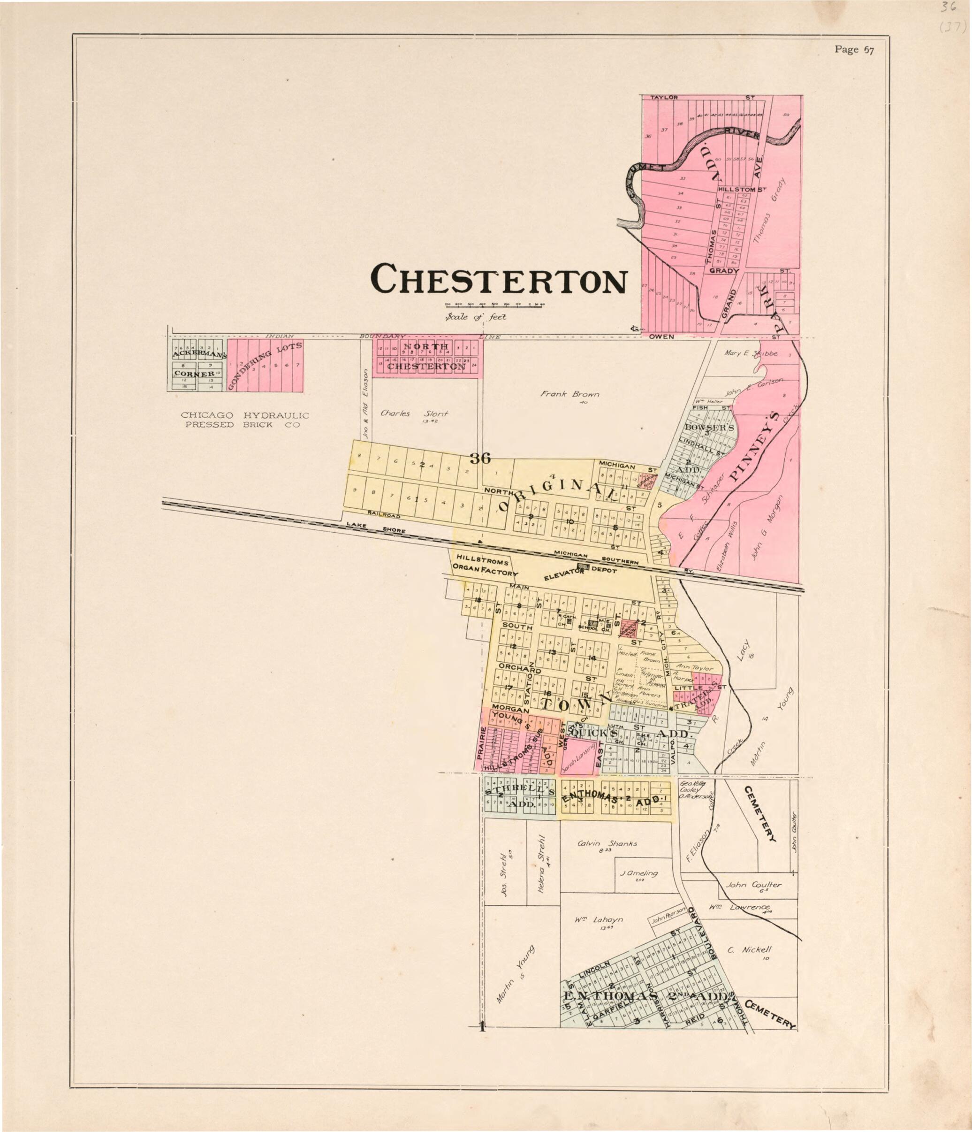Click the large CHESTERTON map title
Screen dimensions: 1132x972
pos(499,279)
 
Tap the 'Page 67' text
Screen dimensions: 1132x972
pos(854,50)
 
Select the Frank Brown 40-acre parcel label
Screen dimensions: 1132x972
pos(570,394)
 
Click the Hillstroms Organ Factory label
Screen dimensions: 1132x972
pos(485,567)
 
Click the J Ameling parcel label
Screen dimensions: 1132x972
pos(639,873)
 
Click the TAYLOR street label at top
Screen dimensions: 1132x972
pos(664,97)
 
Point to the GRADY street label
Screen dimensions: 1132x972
pos(724,270)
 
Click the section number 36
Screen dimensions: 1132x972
pos(480,459)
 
